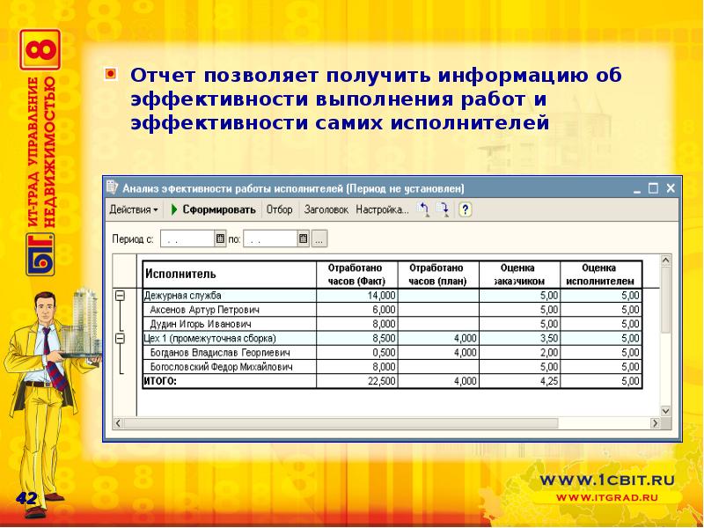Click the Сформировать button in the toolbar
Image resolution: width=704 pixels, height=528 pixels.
click(x=214, y=209)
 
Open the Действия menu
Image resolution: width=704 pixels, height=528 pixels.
click(x=134, y=209)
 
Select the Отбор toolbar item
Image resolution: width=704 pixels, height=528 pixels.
click(x=280, y=209)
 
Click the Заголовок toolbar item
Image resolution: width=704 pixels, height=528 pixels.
click(x=326, y=209)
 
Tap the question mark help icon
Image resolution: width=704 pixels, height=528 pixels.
click(x=466, y=209)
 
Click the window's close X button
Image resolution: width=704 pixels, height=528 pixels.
click(x=671, y=187)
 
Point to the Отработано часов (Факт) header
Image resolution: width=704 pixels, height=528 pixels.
click(x=356, y=274)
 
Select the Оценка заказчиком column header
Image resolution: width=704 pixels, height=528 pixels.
click(x=518, y=274)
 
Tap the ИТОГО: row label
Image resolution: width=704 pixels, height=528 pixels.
click(x=160, y=381)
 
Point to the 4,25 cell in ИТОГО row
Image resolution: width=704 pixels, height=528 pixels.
click(x=546, y=381)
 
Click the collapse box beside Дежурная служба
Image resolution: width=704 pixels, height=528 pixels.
click(x=120, y=296)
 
